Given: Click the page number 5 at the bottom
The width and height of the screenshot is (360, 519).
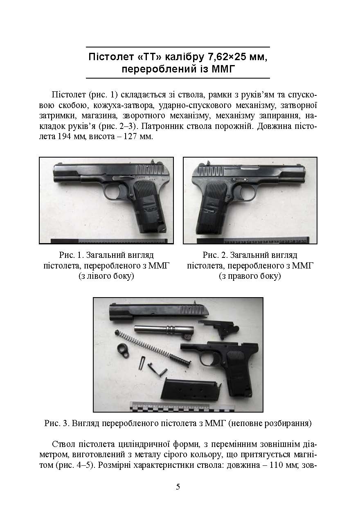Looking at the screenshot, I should pyautogui.click(x=178, y=487).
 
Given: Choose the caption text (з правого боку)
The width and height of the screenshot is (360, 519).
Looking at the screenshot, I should pyautogui.click(x=250, y=276).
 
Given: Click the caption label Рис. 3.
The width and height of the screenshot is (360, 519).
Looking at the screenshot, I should pyautogui.click(x=56, y=424).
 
